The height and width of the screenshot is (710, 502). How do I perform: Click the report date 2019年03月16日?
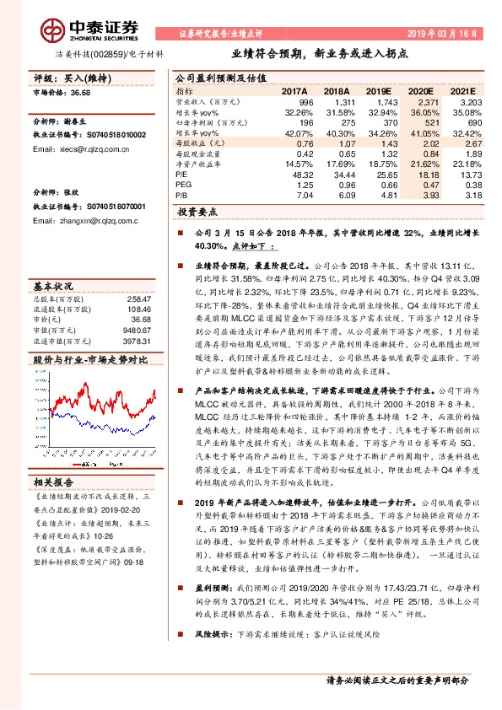tap(443, 35)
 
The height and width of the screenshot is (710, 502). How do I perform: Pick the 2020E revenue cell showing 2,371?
tap(428, 100)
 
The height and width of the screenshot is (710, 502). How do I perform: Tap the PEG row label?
tap(183, 184)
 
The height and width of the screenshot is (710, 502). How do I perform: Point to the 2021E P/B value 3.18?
tap(474, 194)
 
